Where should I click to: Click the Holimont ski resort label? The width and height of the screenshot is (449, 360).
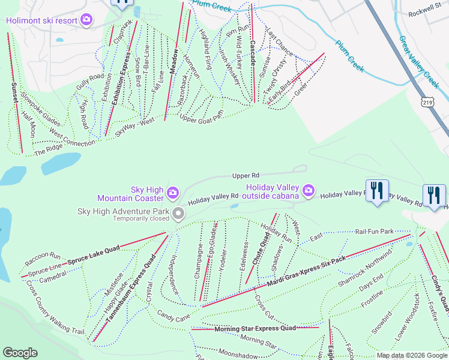[x=42, y=20]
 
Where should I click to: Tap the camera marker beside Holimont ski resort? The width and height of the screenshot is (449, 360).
[x=87, y=20]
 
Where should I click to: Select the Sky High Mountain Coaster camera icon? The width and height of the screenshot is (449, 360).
[x=173, y=192]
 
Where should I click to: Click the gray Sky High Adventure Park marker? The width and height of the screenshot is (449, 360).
[x=178, y=214]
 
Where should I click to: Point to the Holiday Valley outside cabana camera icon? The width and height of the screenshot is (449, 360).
[x=309, y=191]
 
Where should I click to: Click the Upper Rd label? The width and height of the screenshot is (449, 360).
[x=246, y=176]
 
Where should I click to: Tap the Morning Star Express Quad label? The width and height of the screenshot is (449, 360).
[x=255, y=328]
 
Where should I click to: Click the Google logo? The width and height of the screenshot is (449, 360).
[x=20, y=353]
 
